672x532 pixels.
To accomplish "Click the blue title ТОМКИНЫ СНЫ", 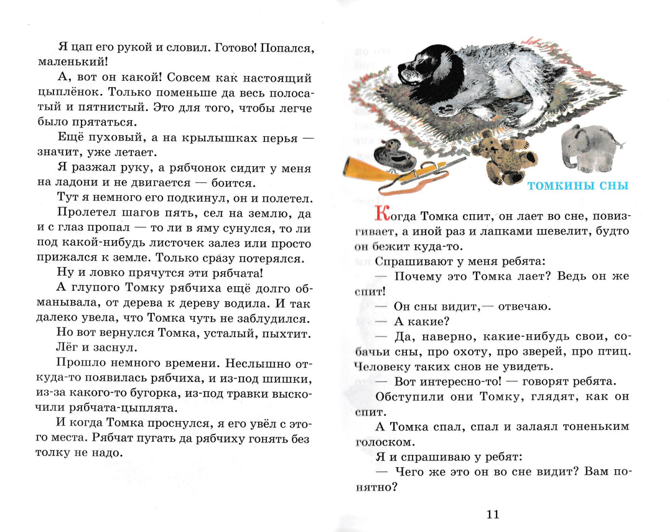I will tap(578, 186).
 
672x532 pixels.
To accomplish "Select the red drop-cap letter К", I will tap(384, 215).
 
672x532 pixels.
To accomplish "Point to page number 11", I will tap(492, 514).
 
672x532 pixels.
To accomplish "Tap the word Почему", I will tap(421, 276).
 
